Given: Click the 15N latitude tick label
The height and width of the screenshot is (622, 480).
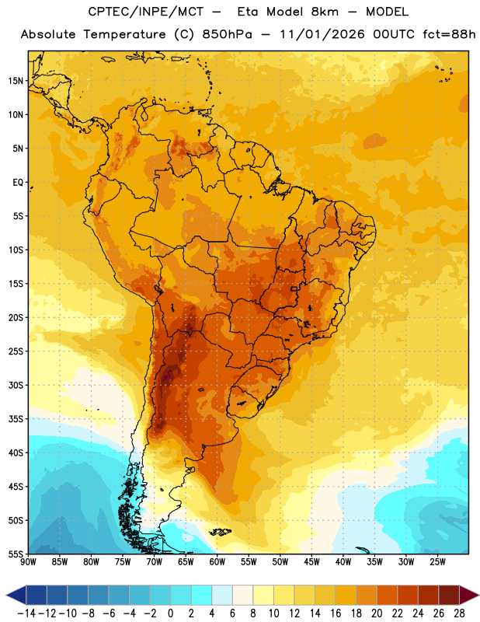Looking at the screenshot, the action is pyautogui.click(x=16, y=81).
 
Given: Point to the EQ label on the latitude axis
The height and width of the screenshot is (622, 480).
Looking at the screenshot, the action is pyautogui.click(x=18, y=183).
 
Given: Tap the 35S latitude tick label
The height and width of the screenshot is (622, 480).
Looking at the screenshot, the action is pyautogui.click(x=16, y=419).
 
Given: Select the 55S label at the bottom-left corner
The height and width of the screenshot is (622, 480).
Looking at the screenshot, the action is pyautogui.click(x=16, y=554).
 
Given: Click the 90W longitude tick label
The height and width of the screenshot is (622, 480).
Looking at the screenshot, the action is pyautogui.click(x=28, y=561).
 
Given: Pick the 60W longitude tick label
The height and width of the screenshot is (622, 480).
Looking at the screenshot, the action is pyautogui.click(x=217, y=561).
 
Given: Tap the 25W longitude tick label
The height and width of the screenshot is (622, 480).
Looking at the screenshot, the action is pyautogui.click(x=437, y=561).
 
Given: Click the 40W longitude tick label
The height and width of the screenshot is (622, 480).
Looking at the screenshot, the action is pyautogui.click(x=343, y=561).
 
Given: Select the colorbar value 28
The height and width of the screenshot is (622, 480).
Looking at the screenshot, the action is pyautogui.click(x=459, y=613).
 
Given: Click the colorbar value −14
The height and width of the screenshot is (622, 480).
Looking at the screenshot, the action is pyautogui.click(x=26, y=613).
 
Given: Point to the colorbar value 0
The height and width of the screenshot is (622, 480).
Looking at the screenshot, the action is pyautogui.click(x=170, y=613).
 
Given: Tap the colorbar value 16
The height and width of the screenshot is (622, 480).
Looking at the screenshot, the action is pyautogui.click(x=336, y=613).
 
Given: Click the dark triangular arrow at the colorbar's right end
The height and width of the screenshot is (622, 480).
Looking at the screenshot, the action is pyautogui.click(x=468, y=595).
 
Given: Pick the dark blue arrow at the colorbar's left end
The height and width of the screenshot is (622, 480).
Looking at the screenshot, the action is pyautogui.click(x=16, y=595).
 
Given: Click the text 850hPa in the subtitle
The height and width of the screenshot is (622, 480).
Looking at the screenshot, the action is pyautogui.click(x=227, y=34).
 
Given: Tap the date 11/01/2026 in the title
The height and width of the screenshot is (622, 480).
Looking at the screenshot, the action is pyautogui.click(x=322, y=34).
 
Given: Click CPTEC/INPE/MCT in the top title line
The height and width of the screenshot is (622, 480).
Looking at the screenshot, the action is pyautogui.click(x=145, y=12).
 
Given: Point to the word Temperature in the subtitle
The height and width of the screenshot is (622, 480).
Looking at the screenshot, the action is pyautogui.click(x=124, y=34).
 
